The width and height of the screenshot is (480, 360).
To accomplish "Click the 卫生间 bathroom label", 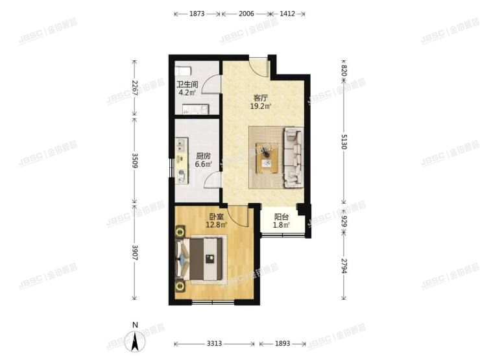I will click(187, 84).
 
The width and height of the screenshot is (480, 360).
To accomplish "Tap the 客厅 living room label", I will click(260, 99).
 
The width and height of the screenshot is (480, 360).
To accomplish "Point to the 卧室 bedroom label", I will click(217, 217).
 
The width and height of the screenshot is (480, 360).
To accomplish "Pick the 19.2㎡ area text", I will click(260, 106).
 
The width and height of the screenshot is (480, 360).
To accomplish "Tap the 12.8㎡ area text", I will click(217, 225).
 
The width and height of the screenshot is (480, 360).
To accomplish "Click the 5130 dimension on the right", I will click(344, 141).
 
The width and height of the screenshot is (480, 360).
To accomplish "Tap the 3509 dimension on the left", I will click(134, 159).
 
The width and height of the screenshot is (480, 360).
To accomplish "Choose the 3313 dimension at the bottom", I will click(215, 344).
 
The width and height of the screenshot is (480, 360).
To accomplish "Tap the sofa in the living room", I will click(293, 158).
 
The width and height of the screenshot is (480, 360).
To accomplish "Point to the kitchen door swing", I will click(212, 180).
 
